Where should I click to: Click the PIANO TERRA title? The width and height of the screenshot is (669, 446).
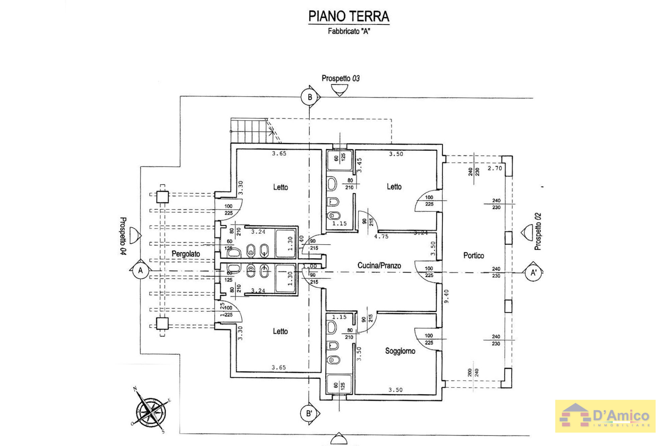pyautogui.click(x=349, y=16)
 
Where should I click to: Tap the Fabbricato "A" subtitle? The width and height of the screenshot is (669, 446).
pyautogui.click(x=349, y=31)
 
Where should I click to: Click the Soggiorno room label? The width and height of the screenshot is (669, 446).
pyautogui.click(x=400, y=351)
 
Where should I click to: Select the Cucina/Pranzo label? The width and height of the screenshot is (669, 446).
pyautogui.click(x=379, y=266)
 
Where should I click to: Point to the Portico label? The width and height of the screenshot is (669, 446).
pyautogui.click(x=473, y=256)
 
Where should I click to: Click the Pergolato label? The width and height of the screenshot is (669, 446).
pyautogui.click(x=186, y=254)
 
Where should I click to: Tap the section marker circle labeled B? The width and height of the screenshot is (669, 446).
pyautogui.click(x=309, y=97)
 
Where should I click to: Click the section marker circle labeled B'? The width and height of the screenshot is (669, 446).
pyautogui.click(x=309, y=414)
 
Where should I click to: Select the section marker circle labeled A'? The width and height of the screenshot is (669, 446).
pyautogui.click(x=533, y=273)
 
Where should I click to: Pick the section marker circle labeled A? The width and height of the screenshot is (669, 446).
pyautogui.click(x=140, y=270)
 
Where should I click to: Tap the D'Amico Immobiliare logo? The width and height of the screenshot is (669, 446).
pyautogui.click(x=605, y=416)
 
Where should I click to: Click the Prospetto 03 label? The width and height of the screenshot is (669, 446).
pyautogui.click(x=340, y=78)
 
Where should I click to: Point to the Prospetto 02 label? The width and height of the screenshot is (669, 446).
pyautogui.click(x=537, y=232)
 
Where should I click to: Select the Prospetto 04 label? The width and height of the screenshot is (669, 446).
pyautogui.click(x=123, y=236)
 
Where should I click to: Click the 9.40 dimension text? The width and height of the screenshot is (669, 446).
pyautogui.click(x=446, y=296)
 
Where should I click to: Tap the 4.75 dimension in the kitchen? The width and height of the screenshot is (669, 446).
pyautogui.click(x=381, y=237)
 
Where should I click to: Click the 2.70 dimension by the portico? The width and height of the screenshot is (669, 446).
pyautogui.click(x=494, y=168)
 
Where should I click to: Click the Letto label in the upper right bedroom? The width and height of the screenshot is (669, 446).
pyautogui.click(x=394, y=187)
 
